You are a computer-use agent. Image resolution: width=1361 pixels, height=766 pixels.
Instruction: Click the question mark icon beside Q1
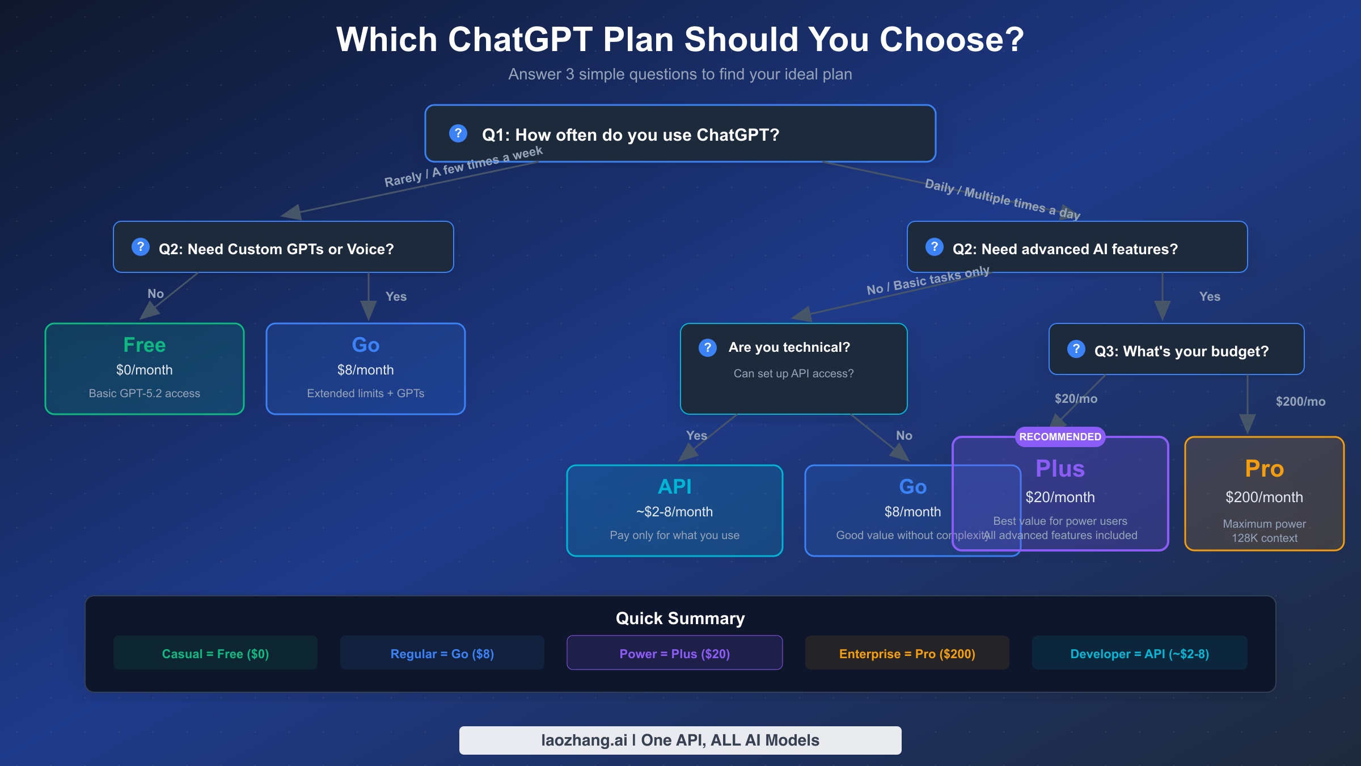458,133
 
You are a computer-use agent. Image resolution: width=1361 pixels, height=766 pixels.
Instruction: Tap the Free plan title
145,345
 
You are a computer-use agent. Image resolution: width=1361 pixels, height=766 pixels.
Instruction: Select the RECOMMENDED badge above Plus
1060,436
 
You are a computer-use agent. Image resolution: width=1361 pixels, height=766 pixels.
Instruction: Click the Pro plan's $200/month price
1264,497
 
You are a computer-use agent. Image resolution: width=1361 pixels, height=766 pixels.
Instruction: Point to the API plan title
674,487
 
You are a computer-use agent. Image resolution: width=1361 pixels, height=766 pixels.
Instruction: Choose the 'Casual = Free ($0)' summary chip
215,654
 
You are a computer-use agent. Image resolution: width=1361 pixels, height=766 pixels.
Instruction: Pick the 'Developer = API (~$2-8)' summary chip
1139,654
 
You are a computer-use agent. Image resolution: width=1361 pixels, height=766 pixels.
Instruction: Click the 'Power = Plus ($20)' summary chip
674,654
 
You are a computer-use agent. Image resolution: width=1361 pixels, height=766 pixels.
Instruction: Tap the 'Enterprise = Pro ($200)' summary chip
907,654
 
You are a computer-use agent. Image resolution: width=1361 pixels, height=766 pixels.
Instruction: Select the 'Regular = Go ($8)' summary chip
442,654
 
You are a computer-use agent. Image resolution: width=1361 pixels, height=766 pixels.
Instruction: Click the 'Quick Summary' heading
680,618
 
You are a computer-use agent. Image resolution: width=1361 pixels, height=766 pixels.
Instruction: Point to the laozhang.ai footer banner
680,740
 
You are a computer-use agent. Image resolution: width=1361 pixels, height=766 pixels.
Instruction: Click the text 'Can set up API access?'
793,373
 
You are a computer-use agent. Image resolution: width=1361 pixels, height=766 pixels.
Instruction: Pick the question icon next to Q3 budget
1076,349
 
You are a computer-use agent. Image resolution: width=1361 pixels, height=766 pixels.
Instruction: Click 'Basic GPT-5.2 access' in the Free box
145,393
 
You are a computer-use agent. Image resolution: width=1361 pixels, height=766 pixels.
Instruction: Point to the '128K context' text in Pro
1264,538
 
